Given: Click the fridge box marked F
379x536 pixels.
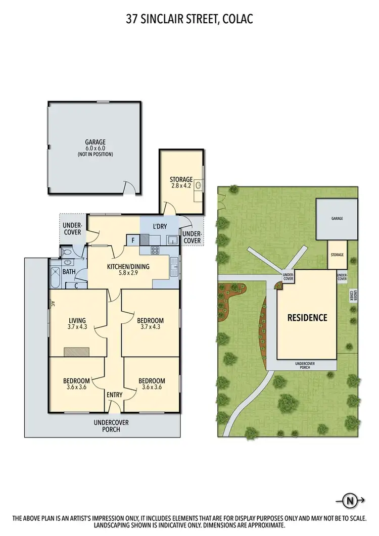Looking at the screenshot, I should (x=132, y=240).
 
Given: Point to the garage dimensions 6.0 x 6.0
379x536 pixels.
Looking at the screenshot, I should (x=95, y=148).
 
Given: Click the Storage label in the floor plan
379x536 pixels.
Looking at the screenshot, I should (x=181, y=179).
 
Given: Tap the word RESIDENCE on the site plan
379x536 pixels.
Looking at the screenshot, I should (x=307, y=318).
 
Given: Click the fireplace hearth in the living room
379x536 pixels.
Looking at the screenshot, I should (x=76, y=352).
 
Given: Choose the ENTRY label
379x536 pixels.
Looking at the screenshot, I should (x=114, y=395).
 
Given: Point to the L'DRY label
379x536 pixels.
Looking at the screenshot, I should (x=160, y=226).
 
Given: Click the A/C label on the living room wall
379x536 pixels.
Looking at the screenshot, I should (x=52, y=303).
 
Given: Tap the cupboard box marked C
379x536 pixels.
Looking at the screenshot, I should (x=76, y=285).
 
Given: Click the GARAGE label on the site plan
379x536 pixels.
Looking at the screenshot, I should (x=337, y=219).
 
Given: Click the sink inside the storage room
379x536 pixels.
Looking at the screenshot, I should (x=199, y=186).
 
